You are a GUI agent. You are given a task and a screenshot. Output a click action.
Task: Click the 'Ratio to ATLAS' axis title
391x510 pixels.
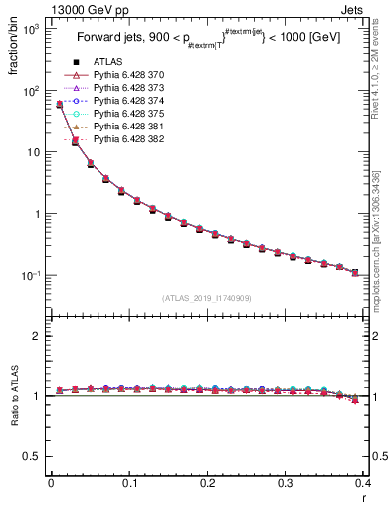[14, 397]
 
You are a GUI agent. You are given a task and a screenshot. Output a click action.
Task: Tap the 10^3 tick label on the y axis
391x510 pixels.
[31, 29]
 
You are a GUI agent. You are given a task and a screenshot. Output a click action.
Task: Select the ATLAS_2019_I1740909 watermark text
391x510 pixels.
[207, 298]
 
